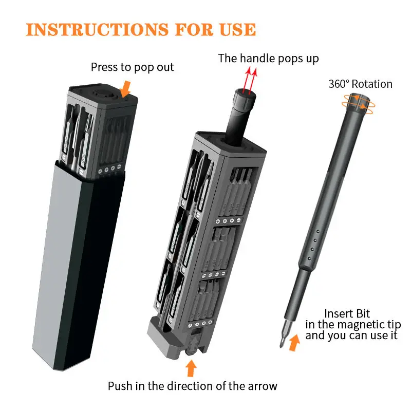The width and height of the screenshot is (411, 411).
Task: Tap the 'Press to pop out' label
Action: (x=132, y=67)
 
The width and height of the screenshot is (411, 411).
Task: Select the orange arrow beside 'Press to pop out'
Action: (x=125, y=91)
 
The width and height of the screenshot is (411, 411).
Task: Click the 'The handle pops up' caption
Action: (x=268, y=59)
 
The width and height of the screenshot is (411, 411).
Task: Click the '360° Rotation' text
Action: (x=360, y=84)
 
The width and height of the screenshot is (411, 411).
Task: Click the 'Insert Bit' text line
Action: (x=347, y=313)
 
